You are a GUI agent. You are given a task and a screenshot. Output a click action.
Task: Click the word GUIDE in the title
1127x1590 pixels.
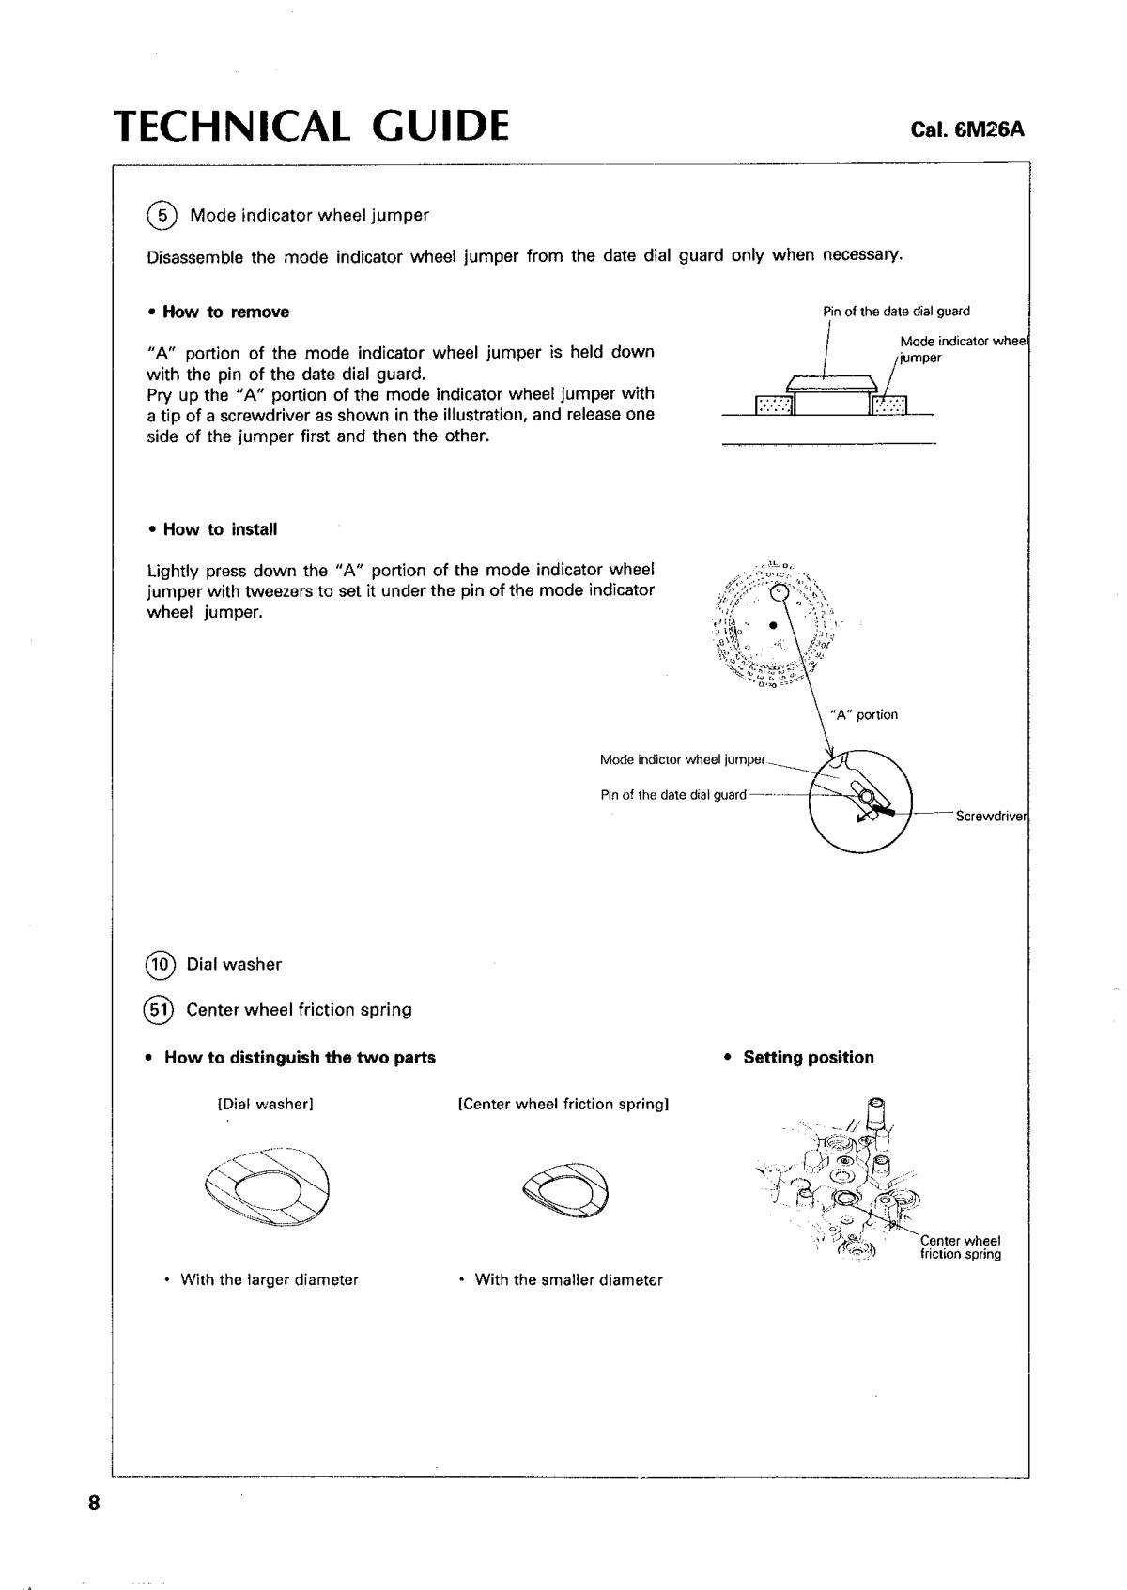pos(440,126)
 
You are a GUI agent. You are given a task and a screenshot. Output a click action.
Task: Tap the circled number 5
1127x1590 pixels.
pos(162,216)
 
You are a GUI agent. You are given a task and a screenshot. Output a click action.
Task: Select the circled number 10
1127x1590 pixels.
pos(161,965)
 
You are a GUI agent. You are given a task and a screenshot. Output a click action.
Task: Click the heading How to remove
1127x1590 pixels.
pos(225,313)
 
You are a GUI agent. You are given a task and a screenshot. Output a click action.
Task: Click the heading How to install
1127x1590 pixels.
pos(220,529)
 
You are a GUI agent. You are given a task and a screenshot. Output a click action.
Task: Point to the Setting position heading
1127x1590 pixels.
pos(808,1058)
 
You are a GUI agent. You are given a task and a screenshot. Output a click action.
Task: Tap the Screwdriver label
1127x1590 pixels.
pos(991,817)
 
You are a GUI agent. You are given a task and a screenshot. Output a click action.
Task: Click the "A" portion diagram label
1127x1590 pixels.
pos(864,715)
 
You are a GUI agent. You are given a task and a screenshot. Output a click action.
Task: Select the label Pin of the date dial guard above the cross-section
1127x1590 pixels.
pos(896,312)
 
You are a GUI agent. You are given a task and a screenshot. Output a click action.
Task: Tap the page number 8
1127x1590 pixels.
pos(93,1504)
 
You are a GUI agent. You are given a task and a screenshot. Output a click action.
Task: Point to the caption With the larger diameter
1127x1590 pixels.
pos(269,1280)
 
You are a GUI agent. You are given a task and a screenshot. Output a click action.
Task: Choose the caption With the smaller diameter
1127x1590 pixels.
pos(568,1280)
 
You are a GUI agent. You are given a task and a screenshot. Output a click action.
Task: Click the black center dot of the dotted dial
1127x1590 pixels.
pos(772,624)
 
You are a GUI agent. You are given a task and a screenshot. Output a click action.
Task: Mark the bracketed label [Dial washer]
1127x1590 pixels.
pos(265,1105)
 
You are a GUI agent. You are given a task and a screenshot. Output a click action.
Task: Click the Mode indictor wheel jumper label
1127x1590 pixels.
pos(683,759)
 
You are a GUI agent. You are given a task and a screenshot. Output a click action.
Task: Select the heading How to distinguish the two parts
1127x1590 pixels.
pos(300,1058)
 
